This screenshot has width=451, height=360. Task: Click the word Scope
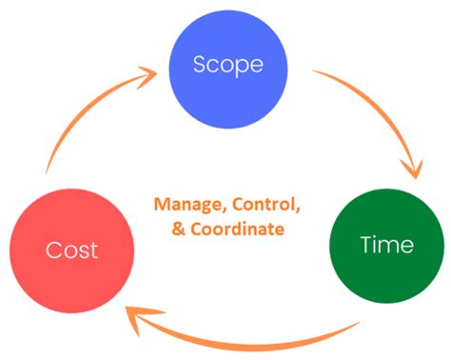(x=226, y=65)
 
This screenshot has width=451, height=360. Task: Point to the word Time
(x=387, y=245)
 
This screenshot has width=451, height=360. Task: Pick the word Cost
(x=72, y=251)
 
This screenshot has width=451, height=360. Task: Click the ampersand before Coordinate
(x=172, y=228)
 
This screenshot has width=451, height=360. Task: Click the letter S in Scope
(x=198, y=65)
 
